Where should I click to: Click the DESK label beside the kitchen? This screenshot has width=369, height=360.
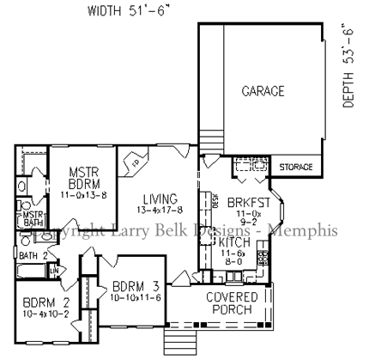pyautogui.click(x=216, y=199)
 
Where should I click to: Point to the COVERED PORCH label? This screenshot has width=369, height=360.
pyautogui.click(x=229, y=303)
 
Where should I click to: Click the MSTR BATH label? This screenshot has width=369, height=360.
pyautogui.click(x=33, y=218)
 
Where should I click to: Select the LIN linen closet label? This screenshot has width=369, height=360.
pyautogui.click(x=54, y=272)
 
